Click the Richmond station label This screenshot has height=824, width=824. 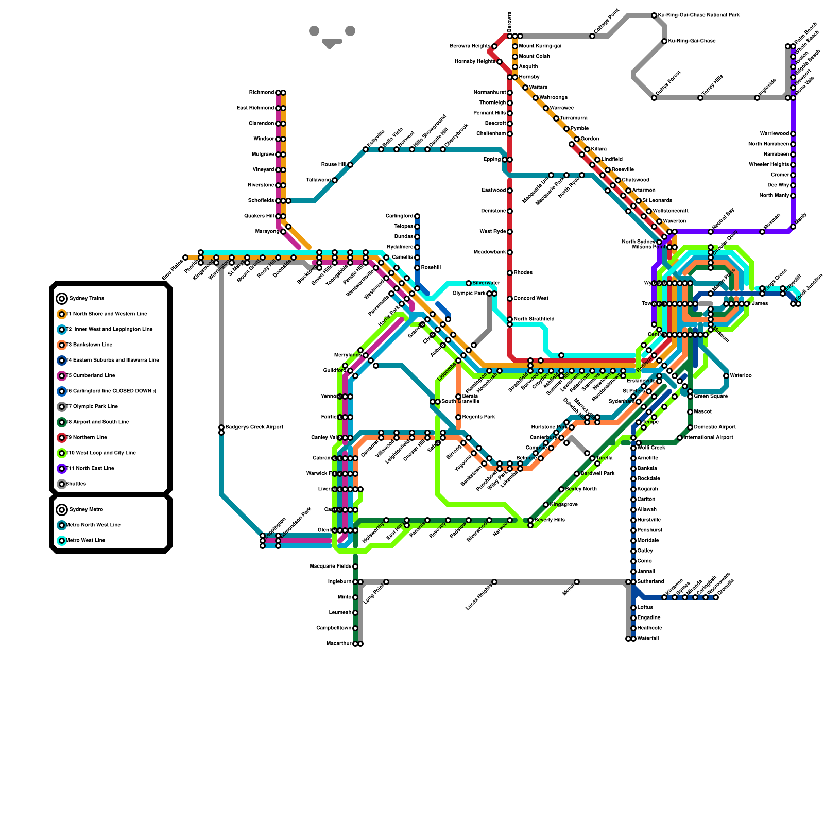click(262, 93)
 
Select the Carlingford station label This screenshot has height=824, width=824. click(399, 216)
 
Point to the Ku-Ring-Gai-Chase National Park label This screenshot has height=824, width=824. click(699, 15)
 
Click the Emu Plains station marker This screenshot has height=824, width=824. click(185, 257)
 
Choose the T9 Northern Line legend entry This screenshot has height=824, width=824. click(87, 438)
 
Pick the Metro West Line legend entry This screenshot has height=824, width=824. click(87, 541)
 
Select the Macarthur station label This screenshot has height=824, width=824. click(339, 644)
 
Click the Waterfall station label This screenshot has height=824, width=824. click(648, 639)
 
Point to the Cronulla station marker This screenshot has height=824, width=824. click(716, 597)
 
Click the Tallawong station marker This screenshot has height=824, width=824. click(335, 180)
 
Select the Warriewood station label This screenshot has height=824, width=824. click(774, 134)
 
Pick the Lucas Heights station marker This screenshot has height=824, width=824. click(494, 582)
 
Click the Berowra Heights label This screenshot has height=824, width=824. click(470, 46)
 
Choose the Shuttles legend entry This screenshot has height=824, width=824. click(79, 484)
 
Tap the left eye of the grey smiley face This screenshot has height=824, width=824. click(314, 31)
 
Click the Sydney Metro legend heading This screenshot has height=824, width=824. click(86, 510)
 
